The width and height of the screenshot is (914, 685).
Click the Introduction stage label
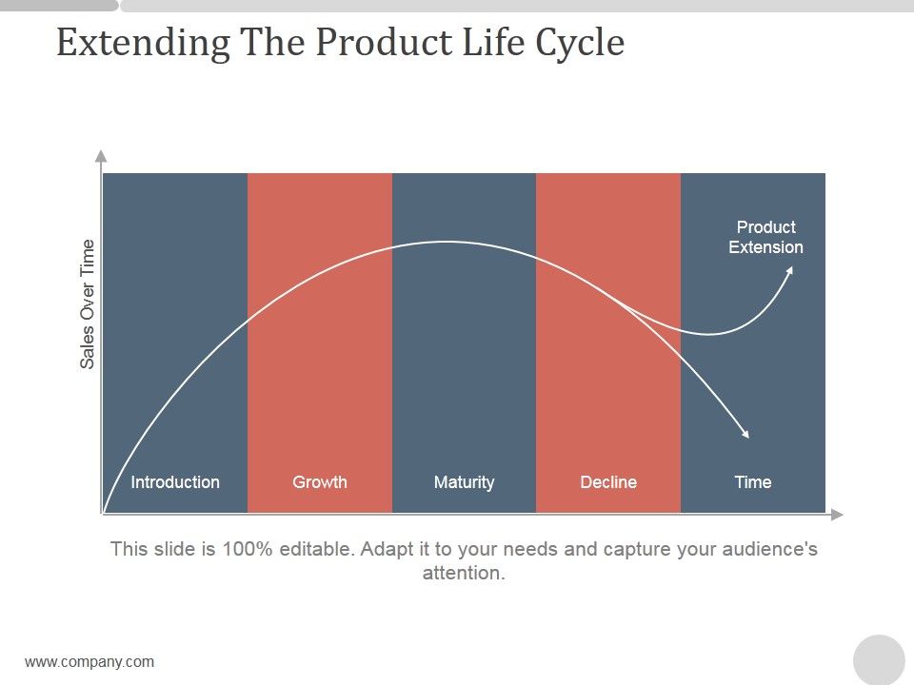click(175, 482)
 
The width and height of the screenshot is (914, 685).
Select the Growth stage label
click(320, 482)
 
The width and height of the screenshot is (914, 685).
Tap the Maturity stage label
click(464, 482)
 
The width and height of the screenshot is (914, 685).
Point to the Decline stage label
click(608, 482)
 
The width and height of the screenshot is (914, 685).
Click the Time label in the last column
click(752, 482)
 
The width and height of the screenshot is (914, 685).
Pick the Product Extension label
click(765, 237)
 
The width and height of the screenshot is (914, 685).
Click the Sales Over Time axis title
click(88, 303)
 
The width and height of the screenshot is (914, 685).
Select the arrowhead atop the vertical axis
click(101, 156)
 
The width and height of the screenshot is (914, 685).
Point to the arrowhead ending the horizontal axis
click(837, 515)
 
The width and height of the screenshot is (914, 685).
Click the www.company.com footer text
click(89, 662)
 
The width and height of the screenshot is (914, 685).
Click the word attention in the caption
click(462, 574)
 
